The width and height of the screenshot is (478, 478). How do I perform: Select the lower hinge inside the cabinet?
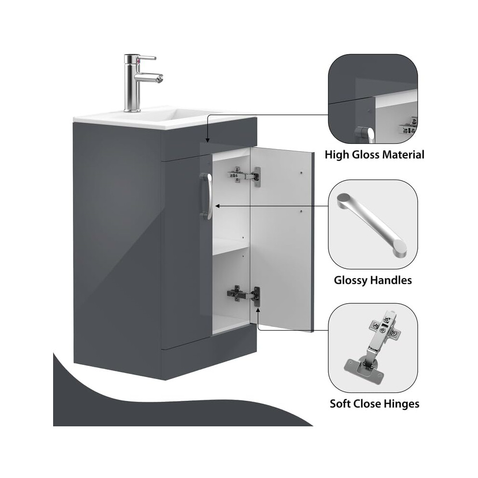(x=243, y=295)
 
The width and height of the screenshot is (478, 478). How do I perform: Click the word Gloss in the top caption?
(x=366, y=155)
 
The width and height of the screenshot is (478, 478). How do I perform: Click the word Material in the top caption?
(x=403, y=155)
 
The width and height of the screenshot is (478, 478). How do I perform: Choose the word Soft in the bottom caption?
(x=339, y=404)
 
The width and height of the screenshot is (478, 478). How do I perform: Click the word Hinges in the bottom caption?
(x=402, y=404)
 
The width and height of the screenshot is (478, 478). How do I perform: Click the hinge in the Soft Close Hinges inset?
(x=373, y=348)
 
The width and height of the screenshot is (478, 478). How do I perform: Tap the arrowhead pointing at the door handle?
(x=217, y=206)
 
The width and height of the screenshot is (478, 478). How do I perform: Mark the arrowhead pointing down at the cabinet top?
(x=208, y=140)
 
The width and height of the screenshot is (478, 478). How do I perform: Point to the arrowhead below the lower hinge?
(x=258, y=310)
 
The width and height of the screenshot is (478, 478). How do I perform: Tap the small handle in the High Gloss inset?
(x=365, y=135)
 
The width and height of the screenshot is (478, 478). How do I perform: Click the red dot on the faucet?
(x=139, y=62)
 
